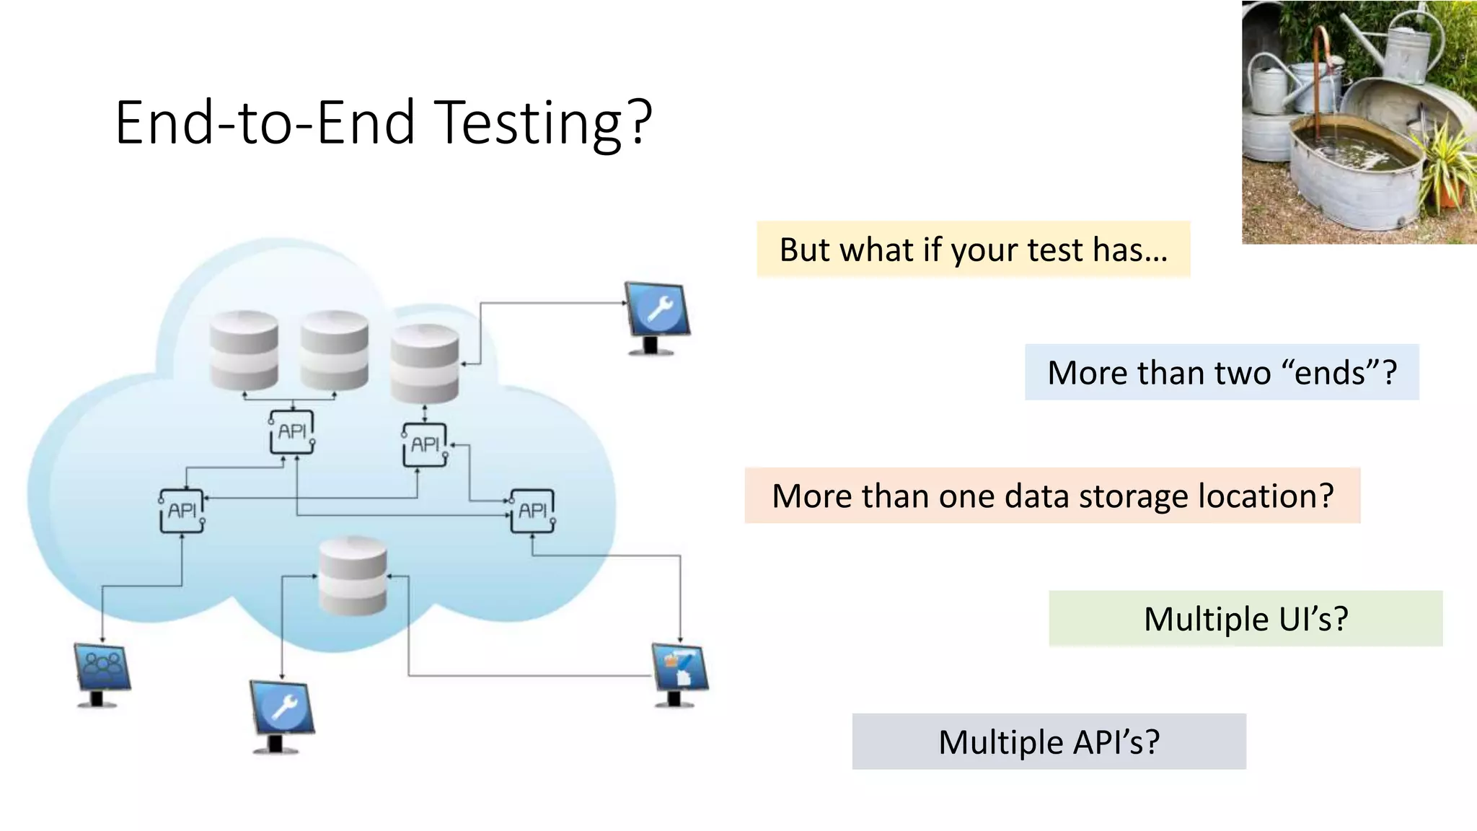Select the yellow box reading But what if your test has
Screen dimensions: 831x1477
point(973,250)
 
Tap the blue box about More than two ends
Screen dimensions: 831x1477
point(1222,373)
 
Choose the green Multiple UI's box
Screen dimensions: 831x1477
point(1245,619)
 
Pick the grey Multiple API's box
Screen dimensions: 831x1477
point(1049,742)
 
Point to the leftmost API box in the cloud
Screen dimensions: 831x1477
point(182,511)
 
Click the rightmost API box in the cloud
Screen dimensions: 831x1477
point(532,511)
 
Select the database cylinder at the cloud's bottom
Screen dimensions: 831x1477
point(353,576)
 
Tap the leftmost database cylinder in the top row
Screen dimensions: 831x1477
point(244,350)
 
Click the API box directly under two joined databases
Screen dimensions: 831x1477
point(292,431)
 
